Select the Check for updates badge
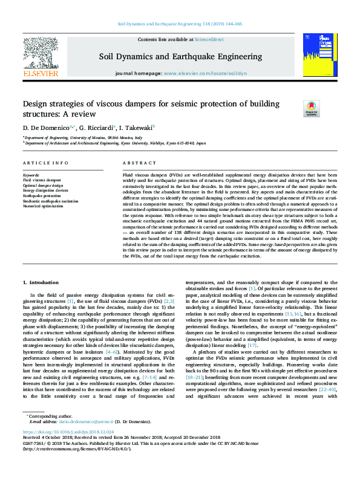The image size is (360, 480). (x=311, y=109)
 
